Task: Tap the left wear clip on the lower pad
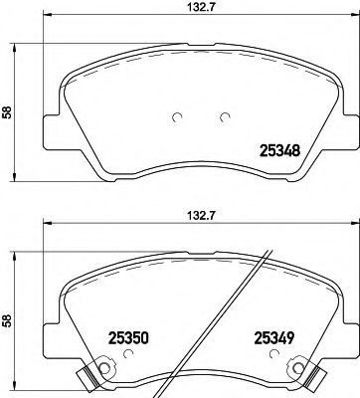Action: tap(90, 377)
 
